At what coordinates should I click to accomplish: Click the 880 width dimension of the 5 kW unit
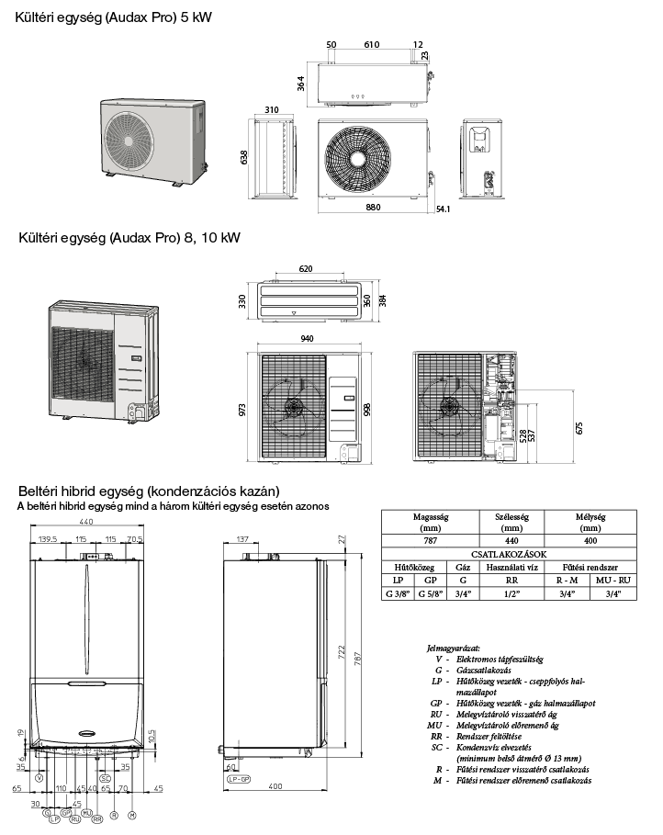(372, 208)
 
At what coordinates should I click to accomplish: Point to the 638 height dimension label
(244, 158)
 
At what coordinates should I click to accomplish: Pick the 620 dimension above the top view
(305, 269)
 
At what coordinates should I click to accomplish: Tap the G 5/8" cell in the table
(430, 593)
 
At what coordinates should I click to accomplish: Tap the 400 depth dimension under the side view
(275, 787)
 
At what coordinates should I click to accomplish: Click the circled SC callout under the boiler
(106, 778)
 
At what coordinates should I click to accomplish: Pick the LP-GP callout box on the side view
(238, 778)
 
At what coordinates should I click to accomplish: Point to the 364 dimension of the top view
(299, 83)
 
